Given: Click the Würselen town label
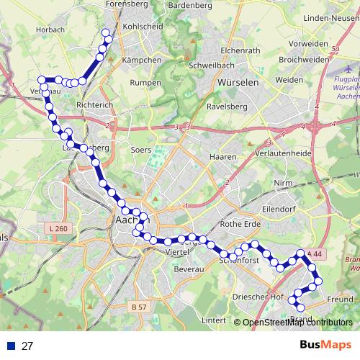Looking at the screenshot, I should click(237, 83).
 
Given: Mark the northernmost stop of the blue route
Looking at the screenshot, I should click(106, 32).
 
